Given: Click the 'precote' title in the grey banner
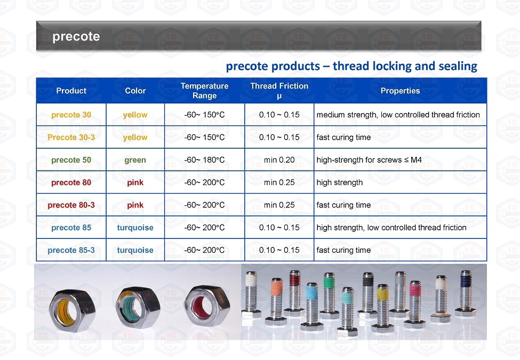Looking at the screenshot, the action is click(76, 36).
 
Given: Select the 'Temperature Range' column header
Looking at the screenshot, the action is click(205, 91).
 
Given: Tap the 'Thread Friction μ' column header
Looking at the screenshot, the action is click(279, 91).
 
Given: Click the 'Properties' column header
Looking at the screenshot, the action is click(401, 91).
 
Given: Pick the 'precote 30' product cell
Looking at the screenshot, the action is click(71, 115).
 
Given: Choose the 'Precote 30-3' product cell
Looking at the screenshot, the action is click(71, 137).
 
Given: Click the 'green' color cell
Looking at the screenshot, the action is click(135, 160).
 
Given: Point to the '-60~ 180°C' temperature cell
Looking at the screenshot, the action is click(205, 160).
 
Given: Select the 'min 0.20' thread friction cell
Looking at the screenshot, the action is click(279, 160).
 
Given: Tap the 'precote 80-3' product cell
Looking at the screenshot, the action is click(71, 205).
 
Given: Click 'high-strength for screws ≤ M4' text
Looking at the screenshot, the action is click(369, 160).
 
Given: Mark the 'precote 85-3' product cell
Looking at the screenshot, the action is click(71, 250).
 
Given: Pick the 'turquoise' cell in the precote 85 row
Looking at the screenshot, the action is click(135, 227).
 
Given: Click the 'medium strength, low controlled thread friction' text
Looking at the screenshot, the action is click(398, 115).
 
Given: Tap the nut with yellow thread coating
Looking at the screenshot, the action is click(72, 310).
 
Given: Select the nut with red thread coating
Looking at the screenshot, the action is click(207, 307).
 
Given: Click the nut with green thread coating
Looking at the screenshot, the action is click(138, 308).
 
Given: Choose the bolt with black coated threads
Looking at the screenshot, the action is click(368, 294).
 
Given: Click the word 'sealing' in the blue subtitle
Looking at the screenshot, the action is click(458, 66).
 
